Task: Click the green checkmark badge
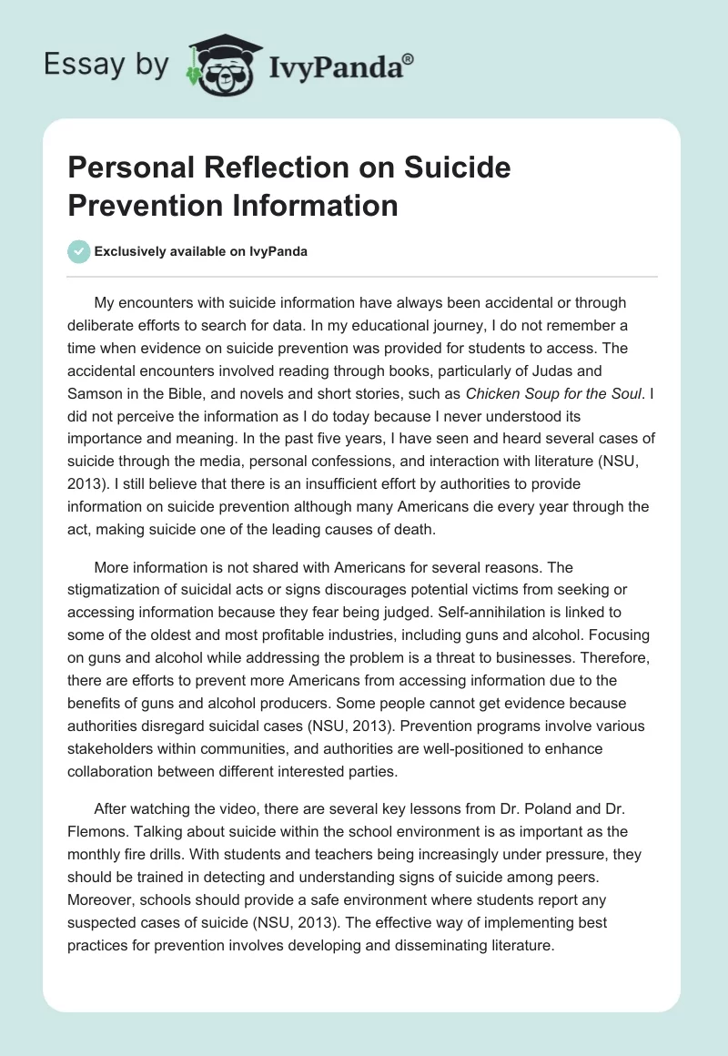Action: click(79, 251)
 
